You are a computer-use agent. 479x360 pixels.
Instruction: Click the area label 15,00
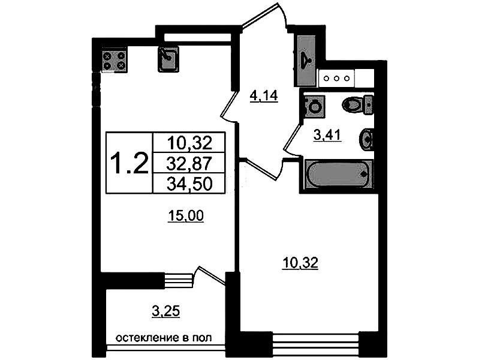[x=186, y=216]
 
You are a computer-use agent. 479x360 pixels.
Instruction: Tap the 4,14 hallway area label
[x=264, y=96]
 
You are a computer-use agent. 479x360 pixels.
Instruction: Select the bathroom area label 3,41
[x=327, y=134]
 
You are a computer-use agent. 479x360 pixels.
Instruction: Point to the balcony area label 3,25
[x=166, y=311]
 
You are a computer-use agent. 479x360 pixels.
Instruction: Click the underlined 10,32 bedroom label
[x=300, y=263]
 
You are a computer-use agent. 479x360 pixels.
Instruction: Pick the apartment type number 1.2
[x=129, y=163]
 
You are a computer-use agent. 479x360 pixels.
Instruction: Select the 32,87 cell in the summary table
[x=189, y=163]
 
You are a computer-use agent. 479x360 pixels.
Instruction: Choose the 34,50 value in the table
[x=189, y=184]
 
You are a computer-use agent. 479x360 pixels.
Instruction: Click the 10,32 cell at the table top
[x=189, y=143]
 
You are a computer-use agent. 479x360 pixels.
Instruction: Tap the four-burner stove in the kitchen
[x=114, y=60]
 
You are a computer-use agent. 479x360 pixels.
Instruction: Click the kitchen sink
[x=168, y=59]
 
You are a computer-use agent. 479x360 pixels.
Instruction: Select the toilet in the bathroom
[x=357, y=105]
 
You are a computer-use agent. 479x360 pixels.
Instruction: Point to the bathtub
[x=339, y=173]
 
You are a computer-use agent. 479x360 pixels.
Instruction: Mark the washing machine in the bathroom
[x=315, y=106]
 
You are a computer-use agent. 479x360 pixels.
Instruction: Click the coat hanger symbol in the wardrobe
[x=305, y=59]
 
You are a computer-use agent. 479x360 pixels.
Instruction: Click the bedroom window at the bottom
[x=315, y=344]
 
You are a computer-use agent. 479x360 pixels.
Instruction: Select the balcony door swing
[x=209, y=277]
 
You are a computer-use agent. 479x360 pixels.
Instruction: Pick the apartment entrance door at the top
[x=264, y=17]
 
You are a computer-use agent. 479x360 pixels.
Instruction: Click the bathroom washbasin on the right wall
[x=366, y=139]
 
